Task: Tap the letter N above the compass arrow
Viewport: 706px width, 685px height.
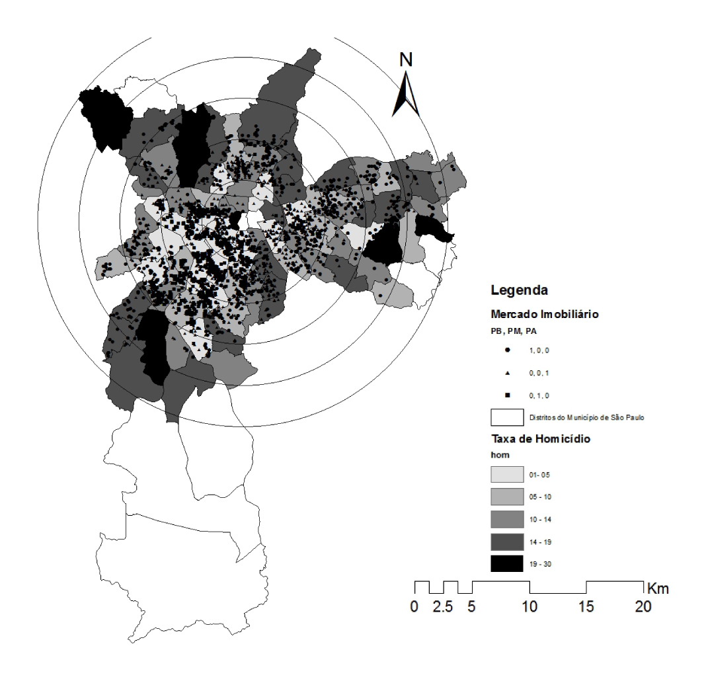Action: click(x=407, y=59)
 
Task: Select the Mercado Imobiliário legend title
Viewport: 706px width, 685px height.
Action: click(x=545, y=315)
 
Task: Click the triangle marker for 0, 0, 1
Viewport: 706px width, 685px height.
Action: click(x=507, y=372)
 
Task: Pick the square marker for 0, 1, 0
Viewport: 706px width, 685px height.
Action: click(x=507, y=396)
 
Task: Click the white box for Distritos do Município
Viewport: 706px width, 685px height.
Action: click(x=507, y=418)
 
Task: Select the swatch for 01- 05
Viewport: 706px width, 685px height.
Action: click(x=507, y=474)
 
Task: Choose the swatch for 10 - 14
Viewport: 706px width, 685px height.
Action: click(x=507, y=519)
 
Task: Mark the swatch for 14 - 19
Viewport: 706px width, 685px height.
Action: click(x=507, y=542)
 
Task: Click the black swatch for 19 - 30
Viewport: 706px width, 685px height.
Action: click(x=507, y=564)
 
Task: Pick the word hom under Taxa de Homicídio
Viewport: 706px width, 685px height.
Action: click(x=498, y=456)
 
